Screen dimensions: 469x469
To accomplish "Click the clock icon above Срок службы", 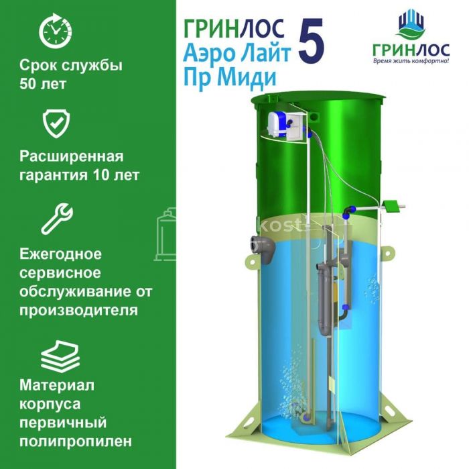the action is click(x=56, y=31).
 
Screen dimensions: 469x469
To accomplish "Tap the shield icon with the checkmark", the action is click(x=56, y=123).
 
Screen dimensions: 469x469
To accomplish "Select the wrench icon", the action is click(x=57, y=219).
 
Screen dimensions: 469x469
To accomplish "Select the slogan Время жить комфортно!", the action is click(x=411, y=62).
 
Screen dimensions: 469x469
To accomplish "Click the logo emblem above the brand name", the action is click(x=411, y=24).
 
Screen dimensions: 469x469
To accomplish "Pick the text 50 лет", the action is click(x=43, y=84).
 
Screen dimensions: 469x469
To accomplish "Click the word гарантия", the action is click(x=54, y=175).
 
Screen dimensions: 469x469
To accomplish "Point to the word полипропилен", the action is click(x=76, y=441).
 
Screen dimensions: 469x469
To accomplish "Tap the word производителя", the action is click(x=78, y=310).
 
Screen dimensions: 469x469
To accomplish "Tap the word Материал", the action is click(x=57, y=385).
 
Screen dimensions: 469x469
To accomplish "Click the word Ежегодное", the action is click(x=61, y=254).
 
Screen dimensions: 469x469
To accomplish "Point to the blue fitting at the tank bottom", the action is click(x=306, y=417).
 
